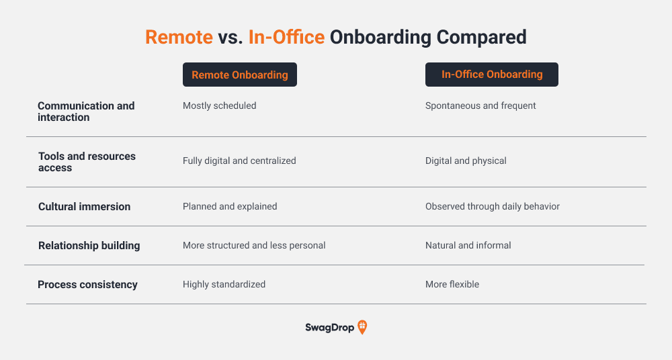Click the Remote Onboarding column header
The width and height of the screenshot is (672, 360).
point(240,75)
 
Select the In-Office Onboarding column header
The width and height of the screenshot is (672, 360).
point(492,75)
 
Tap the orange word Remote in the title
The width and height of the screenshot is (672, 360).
point(179,37)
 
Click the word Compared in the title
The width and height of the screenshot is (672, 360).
point(481,38)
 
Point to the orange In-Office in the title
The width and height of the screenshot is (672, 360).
point(286,37)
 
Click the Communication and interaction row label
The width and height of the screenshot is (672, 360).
point(86,111)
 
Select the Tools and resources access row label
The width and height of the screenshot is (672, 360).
point(87,162)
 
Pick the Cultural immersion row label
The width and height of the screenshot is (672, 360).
point(85,207)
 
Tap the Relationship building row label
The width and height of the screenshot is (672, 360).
point(89,246)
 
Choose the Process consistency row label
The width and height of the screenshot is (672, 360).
point(87,285)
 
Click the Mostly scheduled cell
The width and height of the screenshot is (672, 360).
point(220,106)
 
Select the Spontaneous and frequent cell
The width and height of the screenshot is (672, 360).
point(480,106)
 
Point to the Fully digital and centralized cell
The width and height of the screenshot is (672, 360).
point(239,161)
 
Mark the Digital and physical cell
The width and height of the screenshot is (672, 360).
point(466,161)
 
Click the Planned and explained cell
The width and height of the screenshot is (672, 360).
point(230,207)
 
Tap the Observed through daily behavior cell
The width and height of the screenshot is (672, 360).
point(493,207)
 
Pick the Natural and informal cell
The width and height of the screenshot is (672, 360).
point(468,246)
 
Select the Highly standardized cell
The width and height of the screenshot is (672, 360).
point(224,285)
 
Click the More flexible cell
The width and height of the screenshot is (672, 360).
point(452,285)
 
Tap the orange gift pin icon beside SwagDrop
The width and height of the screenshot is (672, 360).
point(362,327)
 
